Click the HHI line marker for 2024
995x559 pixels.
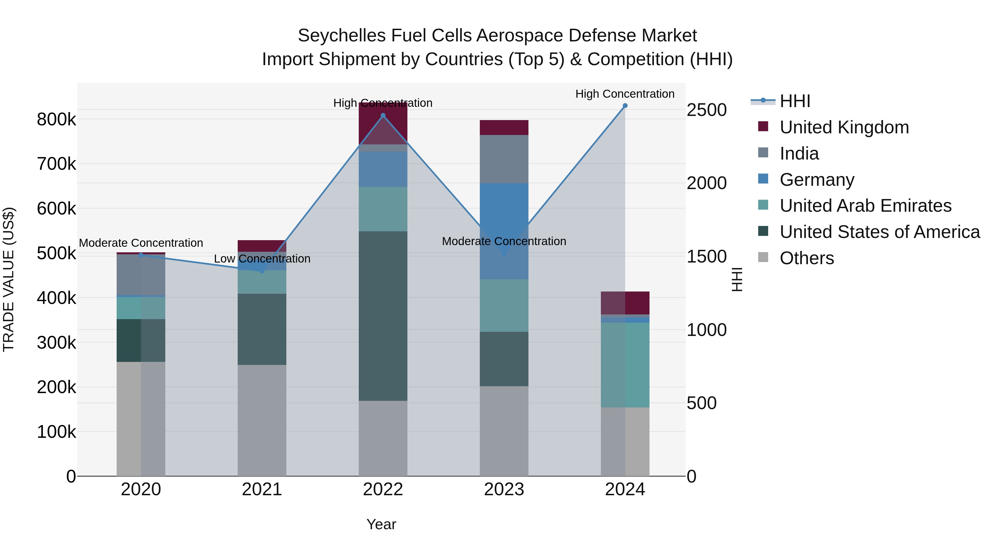click(x=625, y=106)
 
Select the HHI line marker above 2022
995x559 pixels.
click(x=383, y=115)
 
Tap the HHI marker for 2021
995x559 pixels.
click(x=262, y=271)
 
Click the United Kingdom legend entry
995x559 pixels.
click(x=844, y=127)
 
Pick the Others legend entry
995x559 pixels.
click(x=807, y=258)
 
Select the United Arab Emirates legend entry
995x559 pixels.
click(x=865, y=206)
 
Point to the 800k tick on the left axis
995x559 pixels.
click(x=56, y=120)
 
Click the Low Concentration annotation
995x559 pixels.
click(x=262, y=258)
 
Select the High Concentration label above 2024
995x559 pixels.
click(x=625, y=94)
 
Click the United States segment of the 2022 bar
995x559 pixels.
click(x=383, y=316)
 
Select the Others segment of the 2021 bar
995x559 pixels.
click(x=262, y=420)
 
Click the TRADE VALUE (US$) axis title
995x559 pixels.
click(x=9, y=279)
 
